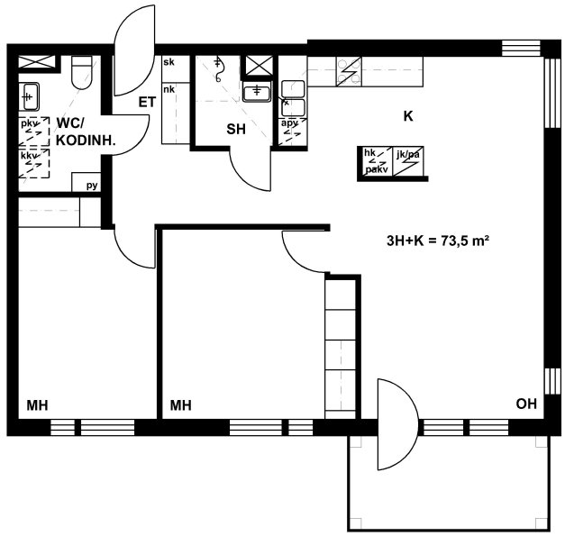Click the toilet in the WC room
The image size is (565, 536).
coord(82,72)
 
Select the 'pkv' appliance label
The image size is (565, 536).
coord(28,124)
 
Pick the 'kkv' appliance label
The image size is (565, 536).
coord(28,156)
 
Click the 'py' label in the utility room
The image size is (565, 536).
coord(92,186)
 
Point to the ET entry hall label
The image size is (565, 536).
coord(148,103)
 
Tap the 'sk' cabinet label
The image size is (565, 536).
coord(169,62)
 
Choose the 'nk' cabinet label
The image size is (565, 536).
coord(169,89)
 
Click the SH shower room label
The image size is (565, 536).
coord(236,129)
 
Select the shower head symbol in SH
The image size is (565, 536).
coord(218,69)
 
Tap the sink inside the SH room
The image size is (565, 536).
coord(256,91)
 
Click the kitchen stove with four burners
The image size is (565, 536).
coord(349,71)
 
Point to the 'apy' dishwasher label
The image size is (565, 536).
coord(289,123)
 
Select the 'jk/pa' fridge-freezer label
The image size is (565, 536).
coord(408,155)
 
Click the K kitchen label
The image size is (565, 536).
coord(408,116)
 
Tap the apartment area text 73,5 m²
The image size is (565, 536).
coord(438,241)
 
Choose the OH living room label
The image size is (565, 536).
coord(526,404)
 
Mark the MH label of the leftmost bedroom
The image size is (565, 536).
coord(37,405)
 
